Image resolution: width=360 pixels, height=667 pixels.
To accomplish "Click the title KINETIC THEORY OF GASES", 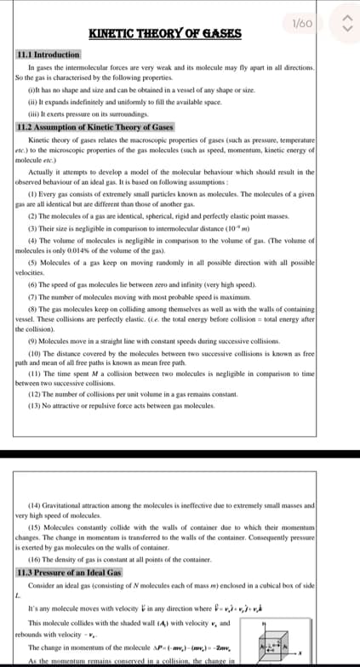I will [165, 33].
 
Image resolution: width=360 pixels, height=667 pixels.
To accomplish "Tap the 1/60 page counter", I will [303, 25].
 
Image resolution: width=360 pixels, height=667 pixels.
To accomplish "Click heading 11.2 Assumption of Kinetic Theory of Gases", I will [94, 126].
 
